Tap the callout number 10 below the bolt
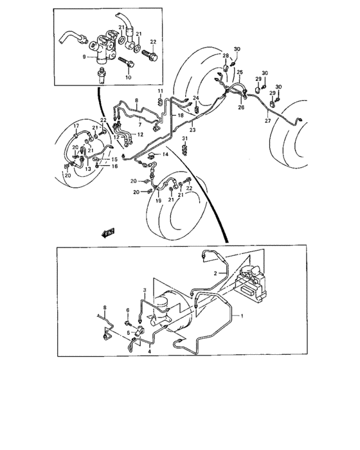point(127,77)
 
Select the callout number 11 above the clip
point(159,92)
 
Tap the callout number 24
point(197,98)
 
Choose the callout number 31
point(184,139)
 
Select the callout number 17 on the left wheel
point(75,125)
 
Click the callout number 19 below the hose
point(157,201)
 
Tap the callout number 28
point(226,56)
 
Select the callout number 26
point(242,107)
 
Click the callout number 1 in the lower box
point(242,316)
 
